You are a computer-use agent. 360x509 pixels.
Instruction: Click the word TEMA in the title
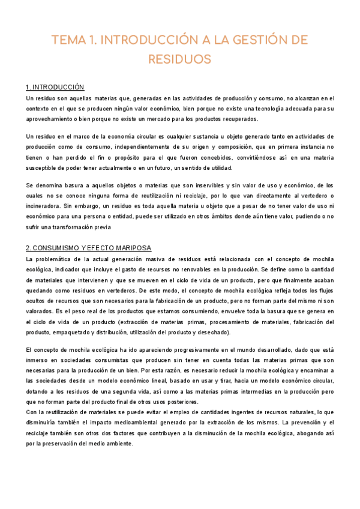[x=69, y=40]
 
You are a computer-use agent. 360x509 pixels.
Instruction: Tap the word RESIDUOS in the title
[x=179, y=59]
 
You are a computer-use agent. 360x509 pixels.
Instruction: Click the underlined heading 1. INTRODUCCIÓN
[x=55, y=87]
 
